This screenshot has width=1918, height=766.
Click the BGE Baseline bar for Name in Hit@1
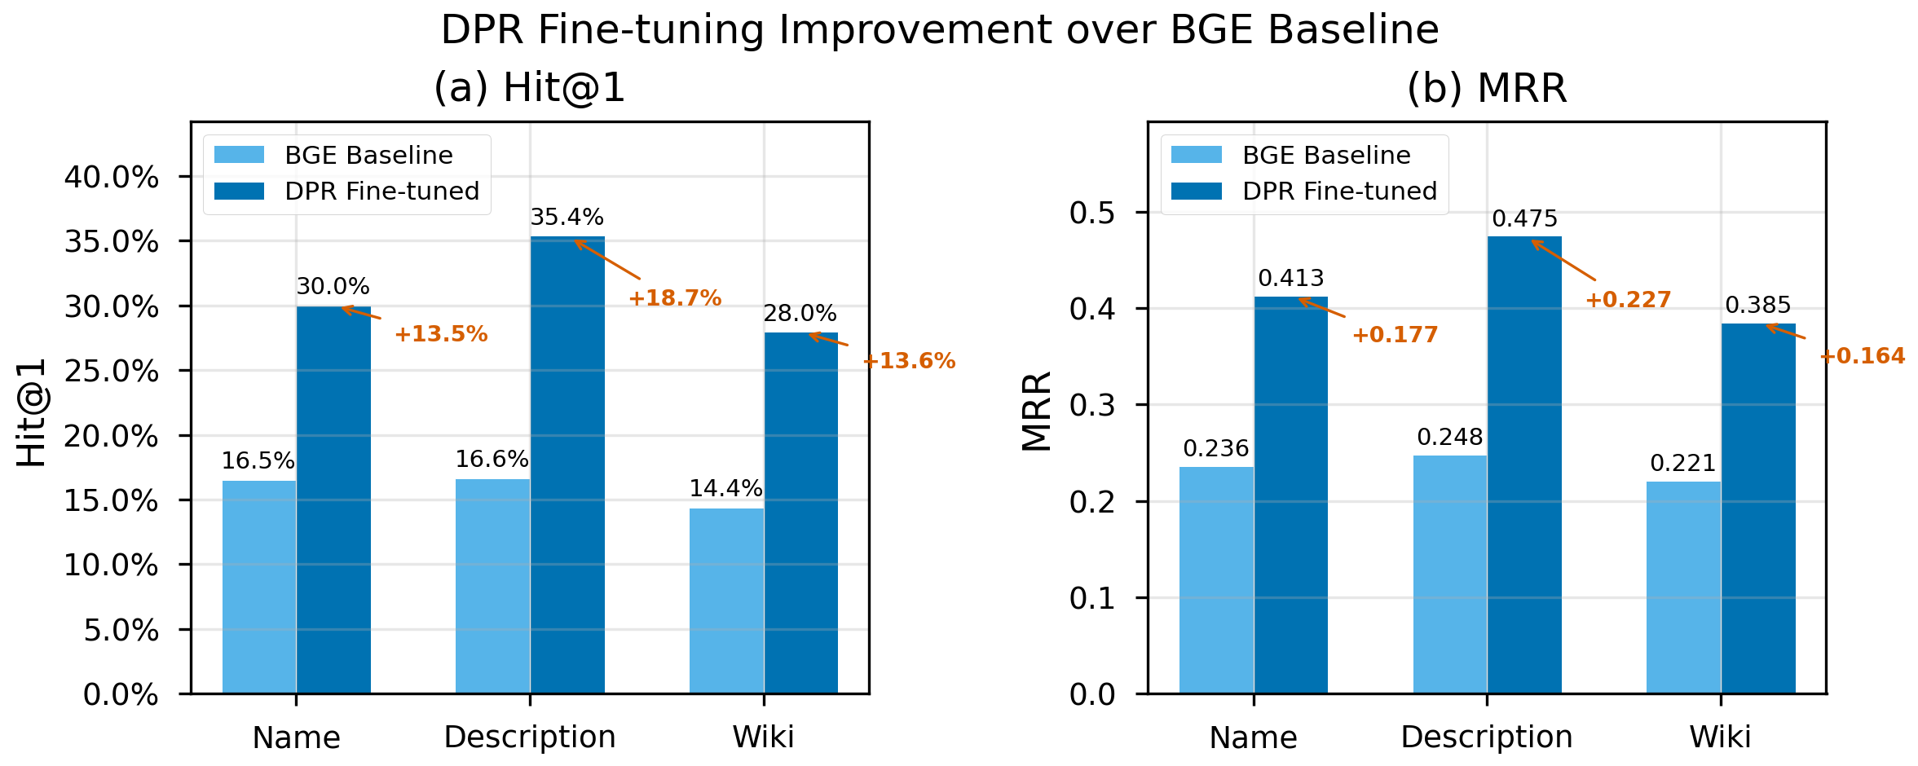(x=259, y=587)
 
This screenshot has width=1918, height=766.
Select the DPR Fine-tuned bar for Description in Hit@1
(x=567, y=464)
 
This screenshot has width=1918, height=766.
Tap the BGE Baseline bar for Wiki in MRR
(x=1683, y=588)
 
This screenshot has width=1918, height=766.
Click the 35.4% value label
(x=567, y=218)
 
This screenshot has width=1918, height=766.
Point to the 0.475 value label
(x=1524, y=219)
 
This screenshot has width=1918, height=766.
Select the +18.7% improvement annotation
(x=675, y=298)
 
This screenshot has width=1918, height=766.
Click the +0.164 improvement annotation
(x=1862, y=356)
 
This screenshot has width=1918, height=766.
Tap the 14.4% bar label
(x=725, y=489)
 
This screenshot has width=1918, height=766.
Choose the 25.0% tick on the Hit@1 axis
(x=111, y=372)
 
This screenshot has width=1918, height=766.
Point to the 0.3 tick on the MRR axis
(x=1092, y=406)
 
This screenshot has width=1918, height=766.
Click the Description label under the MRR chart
(x=1486, y=737)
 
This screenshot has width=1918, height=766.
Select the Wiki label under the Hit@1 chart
(x=763, y=737)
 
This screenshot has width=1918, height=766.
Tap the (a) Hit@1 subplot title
(x=529, y=88)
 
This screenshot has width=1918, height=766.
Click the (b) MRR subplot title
(x=1487, y=88)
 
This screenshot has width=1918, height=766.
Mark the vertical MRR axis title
(x=1038, y=412)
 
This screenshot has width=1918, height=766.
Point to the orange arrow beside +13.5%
(x=361, y=313)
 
